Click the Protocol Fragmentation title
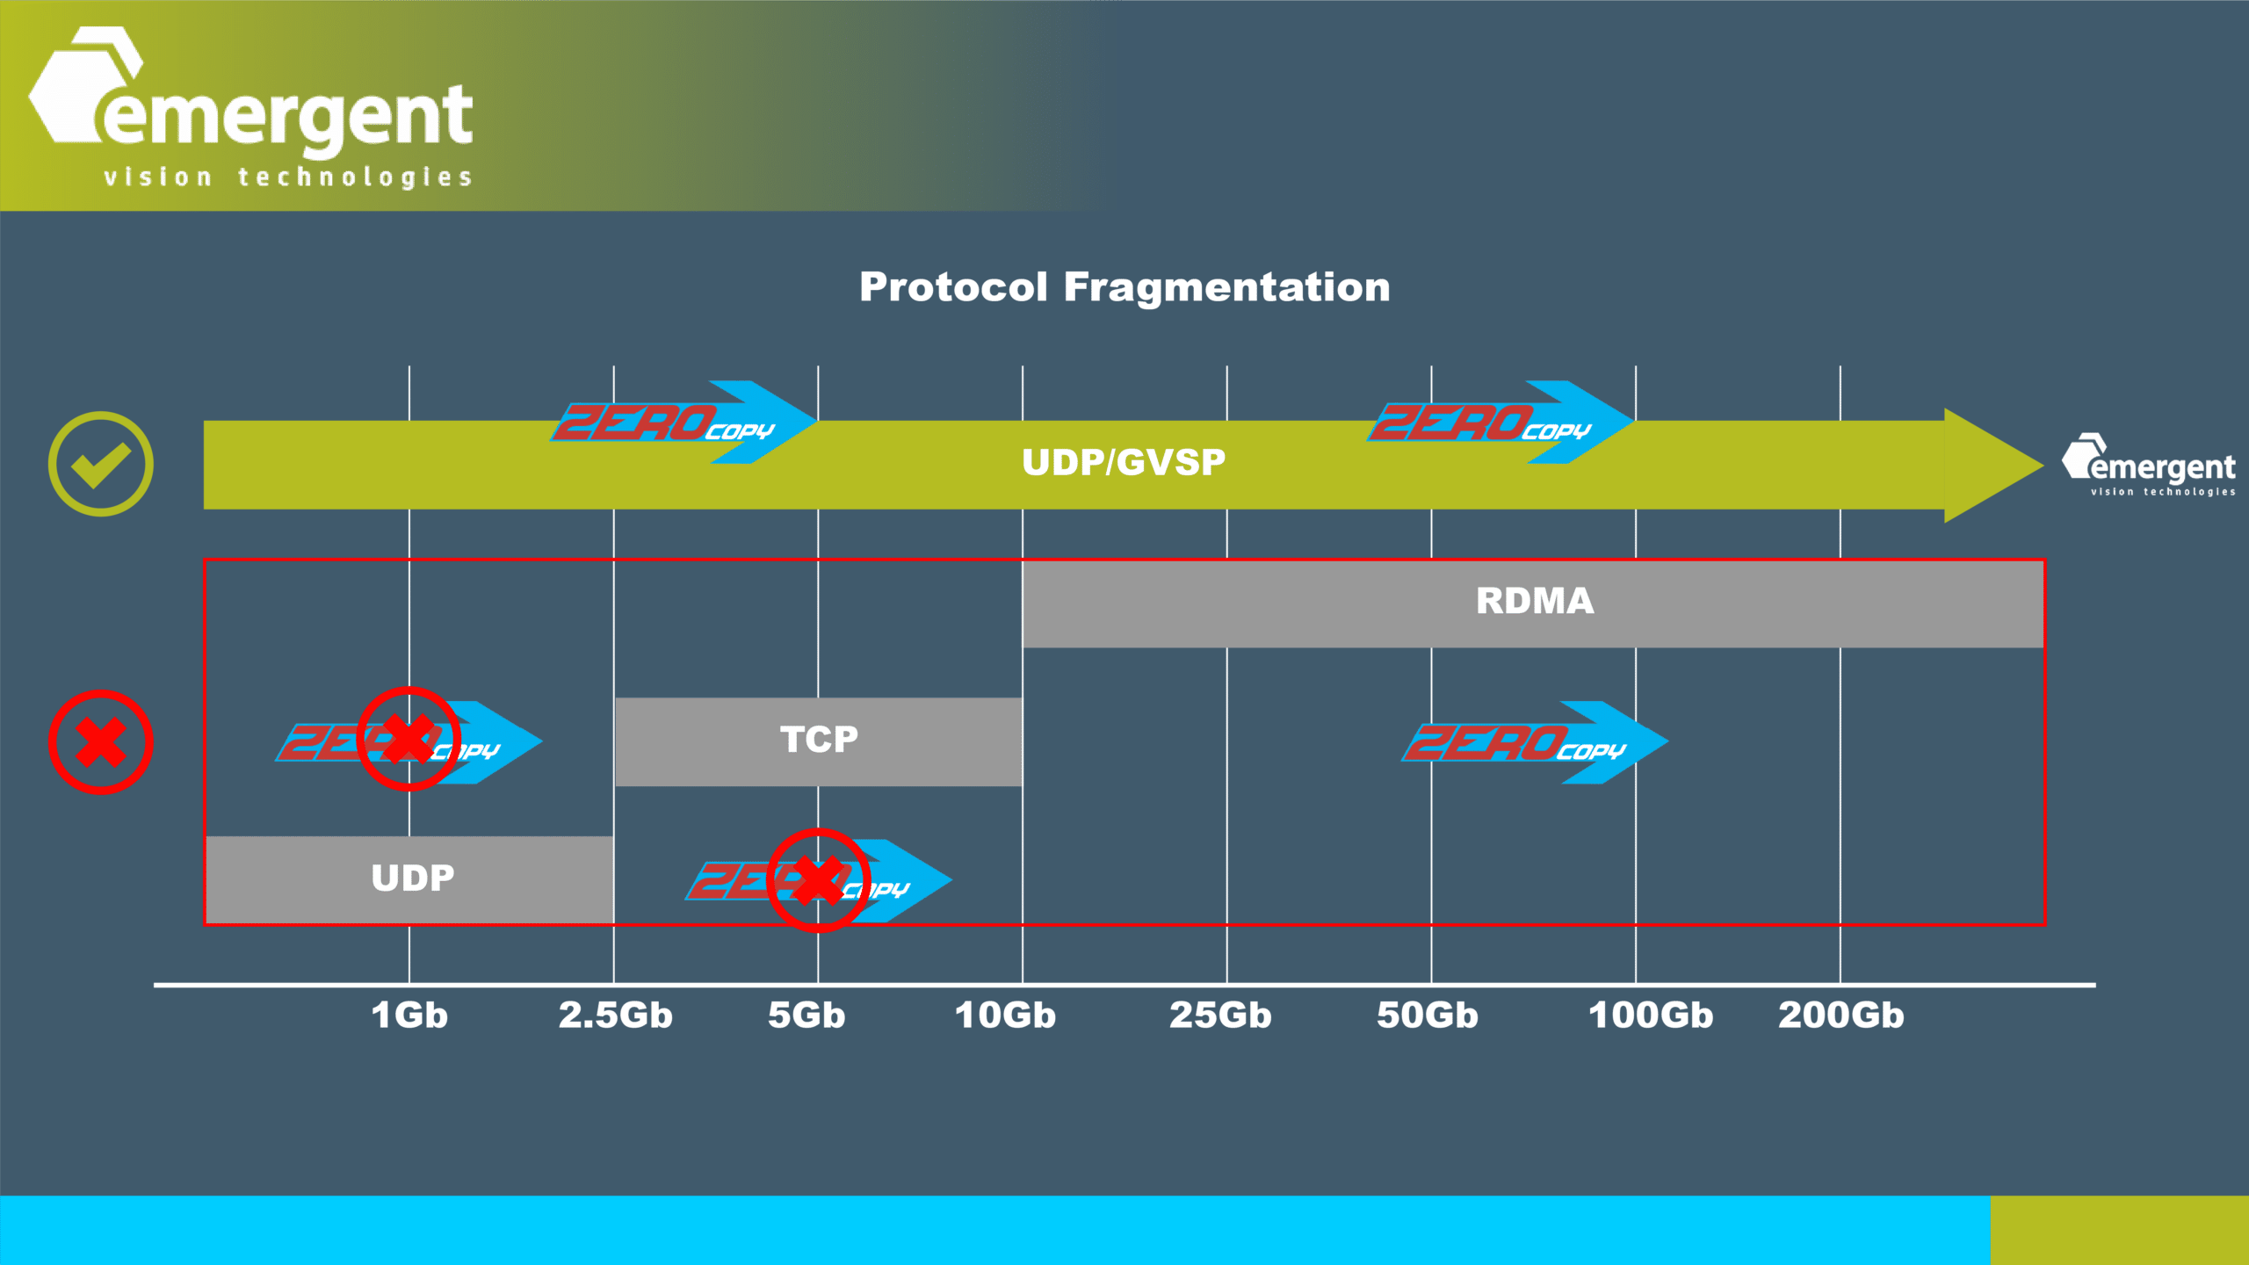click(x=1124, y=287)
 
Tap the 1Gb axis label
click(x=409, y=1016)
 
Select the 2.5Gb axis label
click(x=615, y=1016)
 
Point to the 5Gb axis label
click(x=806, y=1016)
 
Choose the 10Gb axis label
click(x=1005, y=1016)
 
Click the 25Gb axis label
click(x=1220, y=1016)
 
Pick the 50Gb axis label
click(x=1428, y=1016)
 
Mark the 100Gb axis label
click(x=1651, y=1016)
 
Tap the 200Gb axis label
click(x=1841, y=1016)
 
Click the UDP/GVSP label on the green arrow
click(x=1124, y=462)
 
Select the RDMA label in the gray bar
click(x=1535, y=602)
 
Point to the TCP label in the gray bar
click(x=819, y=740)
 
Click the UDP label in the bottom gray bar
click(x=413, y=878)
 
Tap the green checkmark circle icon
click(x=101, y=464)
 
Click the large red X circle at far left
click(x=101, y=742)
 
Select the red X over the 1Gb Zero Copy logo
click(x=409, y=739)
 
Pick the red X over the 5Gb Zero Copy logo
click(x=819, y=879)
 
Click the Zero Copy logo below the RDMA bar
click(x=1533, y=743)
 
